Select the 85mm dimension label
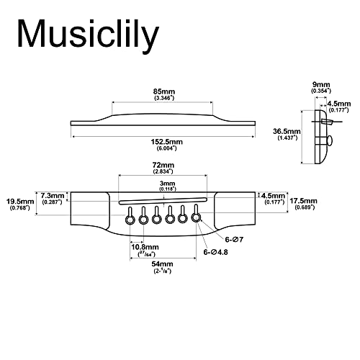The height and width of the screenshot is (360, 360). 162,91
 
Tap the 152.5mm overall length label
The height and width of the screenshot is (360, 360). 162,142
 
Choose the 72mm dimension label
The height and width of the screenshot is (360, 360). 162,166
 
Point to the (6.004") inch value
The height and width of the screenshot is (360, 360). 162,149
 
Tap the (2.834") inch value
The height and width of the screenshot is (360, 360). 162,173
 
